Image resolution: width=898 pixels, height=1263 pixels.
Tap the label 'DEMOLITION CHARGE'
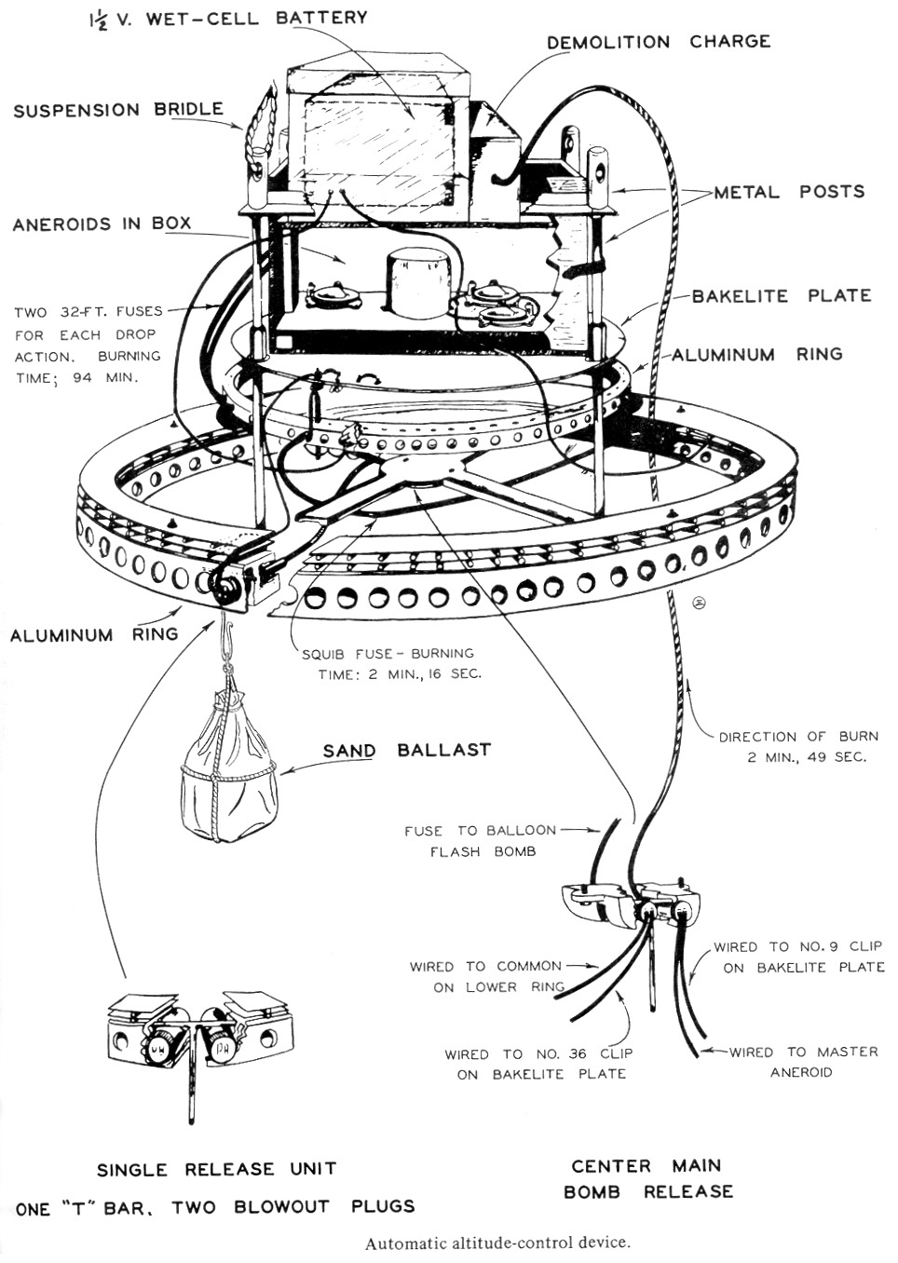pos(658,42)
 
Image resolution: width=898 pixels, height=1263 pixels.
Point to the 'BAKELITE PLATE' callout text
pos(781,295)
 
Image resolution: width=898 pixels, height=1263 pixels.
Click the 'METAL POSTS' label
pos(789,192)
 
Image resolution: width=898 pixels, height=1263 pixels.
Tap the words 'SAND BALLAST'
pos(406,750)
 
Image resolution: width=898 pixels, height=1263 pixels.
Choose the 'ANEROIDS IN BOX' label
pos(102,224)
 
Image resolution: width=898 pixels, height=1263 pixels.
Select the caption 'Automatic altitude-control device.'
pos(497,1243)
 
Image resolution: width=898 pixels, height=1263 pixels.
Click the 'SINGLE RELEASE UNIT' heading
pos(216,1169)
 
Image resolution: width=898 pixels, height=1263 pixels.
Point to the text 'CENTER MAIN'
pos(646,1165)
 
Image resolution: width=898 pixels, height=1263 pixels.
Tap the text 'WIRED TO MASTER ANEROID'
pos(802,1062)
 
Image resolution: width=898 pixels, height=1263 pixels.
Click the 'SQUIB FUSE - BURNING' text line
pos(388,653)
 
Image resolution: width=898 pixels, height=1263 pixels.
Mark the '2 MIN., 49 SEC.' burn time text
pos(806,756)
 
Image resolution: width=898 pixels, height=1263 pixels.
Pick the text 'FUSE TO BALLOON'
pos(480,830)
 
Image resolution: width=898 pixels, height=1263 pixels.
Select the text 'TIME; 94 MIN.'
pos(75,378)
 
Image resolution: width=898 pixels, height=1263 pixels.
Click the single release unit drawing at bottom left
pos(196,1034)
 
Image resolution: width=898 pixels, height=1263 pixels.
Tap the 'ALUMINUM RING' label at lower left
pos(93,634)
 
